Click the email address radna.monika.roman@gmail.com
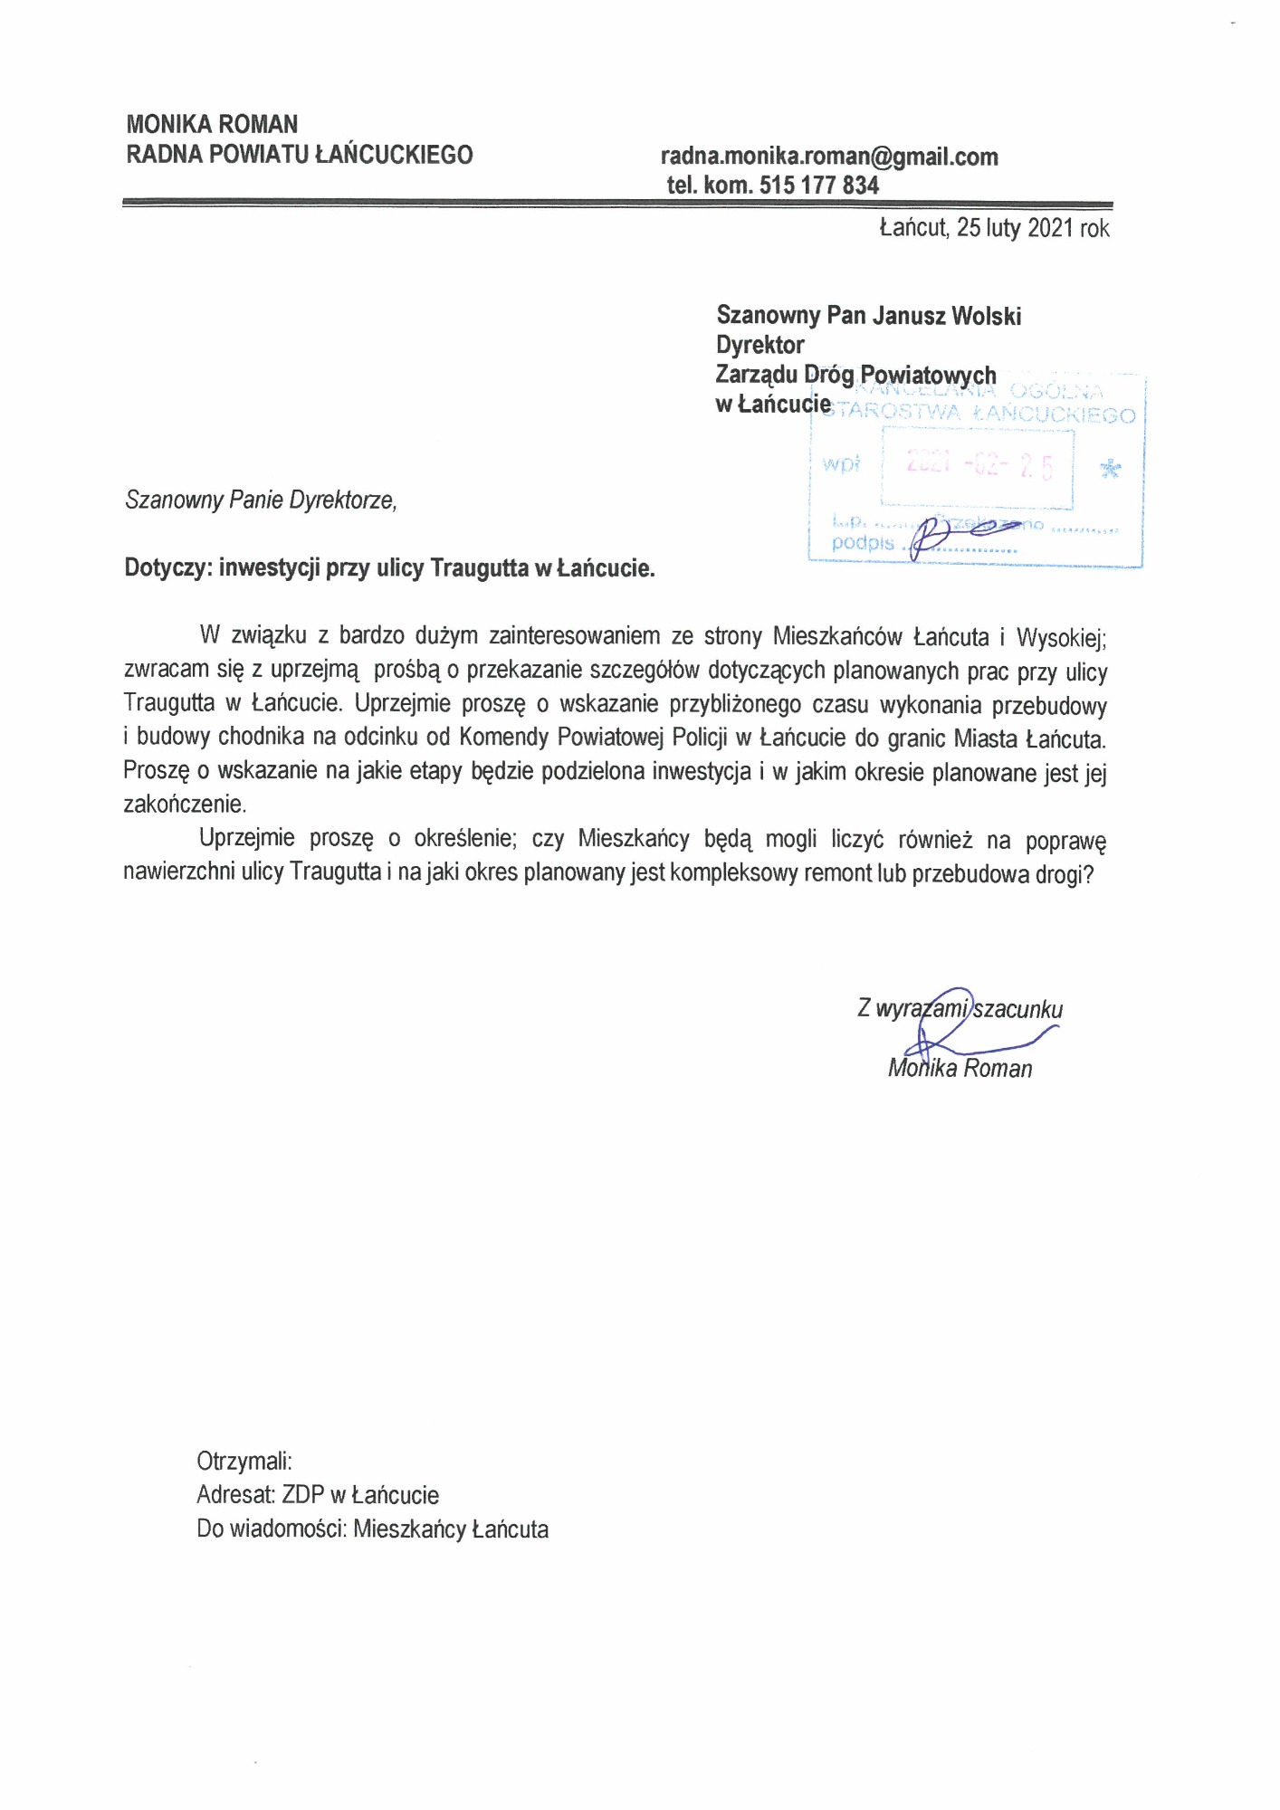click(829, 157)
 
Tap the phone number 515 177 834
click(819, 186)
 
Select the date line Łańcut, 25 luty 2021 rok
click(994, 228)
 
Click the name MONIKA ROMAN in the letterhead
click(212, 124)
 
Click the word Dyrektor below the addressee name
click(759, 345)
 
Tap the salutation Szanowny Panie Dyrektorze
click(261, 500)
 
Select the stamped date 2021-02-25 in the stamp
click(979, 465)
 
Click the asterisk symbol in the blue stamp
click(1109, 469)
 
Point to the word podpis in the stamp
click(862, 543)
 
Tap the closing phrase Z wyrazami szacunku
click(960, 1009)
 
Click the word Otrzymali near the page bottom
click(244, 1461)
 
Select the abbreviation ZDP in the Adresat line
click(302, 1495)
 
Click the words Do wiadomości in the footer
click(272, 1529)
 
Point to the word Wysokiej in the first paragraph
click(1060, 638)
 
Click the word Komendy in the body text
click(503, 737)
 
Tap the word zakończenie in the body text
click(184, 804)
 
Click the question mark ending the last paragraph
click(1088, 875)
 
